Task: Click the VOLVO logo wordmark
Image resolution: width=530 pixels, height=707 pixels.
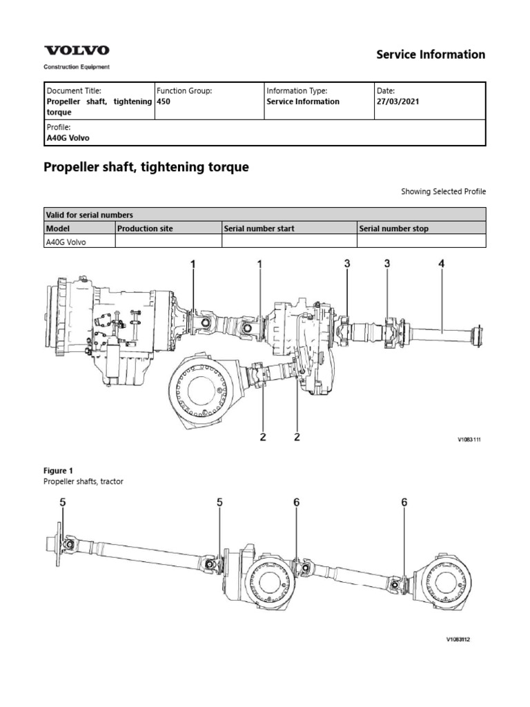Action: click(x=77, y=50)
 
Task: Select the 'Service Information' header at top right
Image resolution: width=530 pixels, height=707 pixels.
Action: click(x=430, y=55)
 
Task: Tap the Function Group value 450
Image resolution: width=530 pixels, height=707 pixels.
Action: click(x=164, y=101)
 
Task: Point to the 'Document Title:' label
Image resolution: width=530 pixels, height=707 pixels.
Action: click(x=73, y=90)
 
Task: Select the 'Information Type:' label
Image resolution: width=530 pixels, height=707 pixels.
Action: click(x=296, y=90)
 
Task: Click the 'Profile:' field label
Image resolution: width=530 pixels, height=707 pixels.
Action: click(x=58, y=127)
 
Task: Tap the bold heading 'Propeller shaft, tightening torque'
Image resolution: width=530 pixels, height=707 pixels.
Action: click(x=146, y=167)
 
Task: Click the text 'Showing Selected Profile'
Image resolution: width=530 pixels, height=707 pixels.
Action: click(x=443, y=191)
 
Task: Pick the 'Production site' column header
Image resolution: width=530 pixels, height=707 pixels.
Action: click(x=145, y=229)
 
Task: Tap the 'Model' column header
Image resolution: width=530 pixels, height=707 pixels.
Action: click(x=59, y=229)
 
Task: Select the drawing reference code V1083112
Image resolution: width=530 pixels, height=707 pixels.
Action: click(x=458, y=639)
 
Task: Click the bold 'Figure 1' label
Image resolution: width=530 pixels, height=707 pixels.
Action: click(x=59, y=470)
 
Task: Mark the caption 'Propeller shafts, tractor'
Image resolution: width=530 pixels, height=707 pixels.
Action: click(x=84, y=481)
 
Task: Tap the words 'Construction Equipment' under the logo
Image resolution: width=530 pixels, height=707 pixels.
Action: click(x=76, y=67)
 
